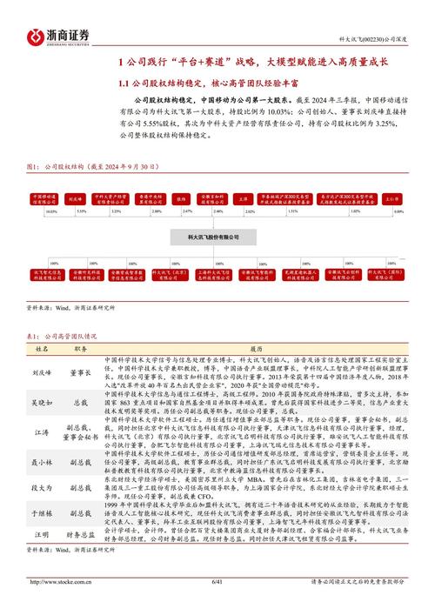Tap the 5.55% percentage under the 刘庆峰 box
(x=83, y=211)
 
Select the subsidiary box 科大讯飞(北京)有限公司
(x=171, y=272)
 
